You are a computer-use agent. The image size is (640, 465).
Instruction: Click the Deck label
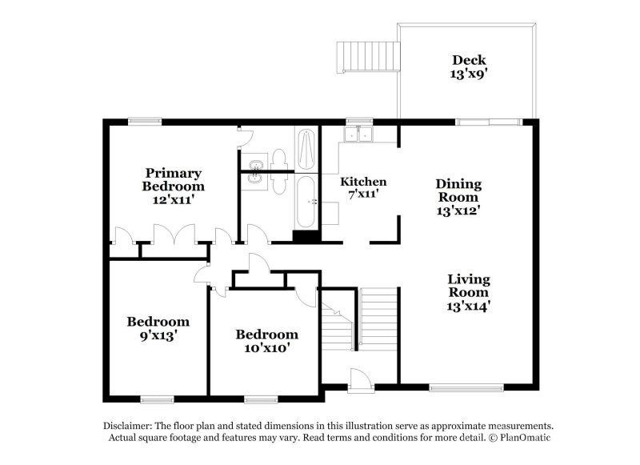pyautogui.click(x=469, y=60)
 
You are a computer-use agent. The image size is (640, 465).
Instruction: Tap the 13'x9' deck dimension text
pyautogui.click(x=469, y=74)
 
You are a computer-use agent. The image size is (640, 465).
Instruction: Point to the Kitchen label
pyautogui.click(x=363, y=182)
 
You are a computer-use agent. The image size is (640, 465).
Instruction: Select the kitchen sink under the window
pyautogui.click(x=358, y=134)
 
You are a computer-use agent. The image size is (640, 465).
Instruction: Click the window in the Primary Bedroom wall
pyautogui.click(x=146, y=121)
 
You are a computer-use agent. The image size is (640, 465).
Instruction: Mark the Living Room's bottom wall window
pyautogui.click(x=455, y=388)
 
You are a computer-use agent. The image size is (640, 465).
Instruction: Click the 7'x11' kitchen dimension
pyautogui.click(x=363, y=194)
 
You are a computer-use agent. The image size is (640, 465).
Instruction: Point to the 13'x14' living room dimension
pyautogui.click(x=468, y=304)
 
